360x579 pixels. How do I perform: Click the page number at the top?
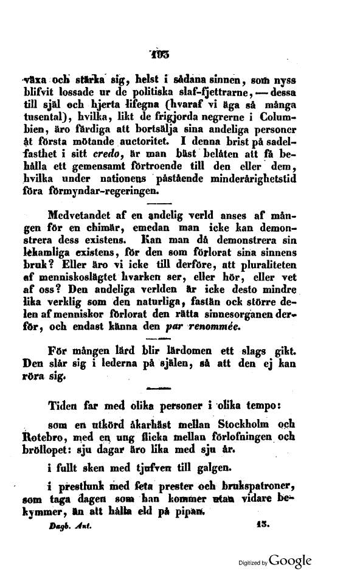[x=161, y=54]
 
